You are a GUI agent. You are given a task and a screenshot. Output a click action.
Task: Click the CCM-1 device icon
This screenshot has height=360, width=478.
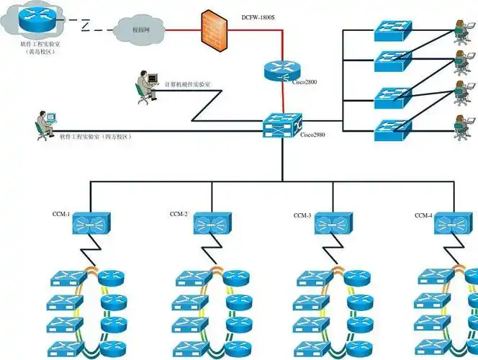pos(91,223)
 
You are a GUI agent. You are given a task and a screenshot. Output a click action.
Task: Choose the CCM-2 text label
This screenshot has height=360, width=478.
pos(179,214)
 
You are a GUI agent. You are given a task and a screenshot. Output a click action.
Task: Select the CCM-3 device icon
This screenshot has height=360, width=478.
pos(333,223)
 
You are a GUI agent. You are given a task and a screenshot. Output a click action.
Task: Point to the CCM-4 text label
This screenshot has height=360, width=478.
pos(424,215)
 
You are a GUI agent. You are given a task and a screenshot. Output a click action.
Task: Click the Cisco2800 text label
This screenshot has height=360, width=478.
pos(305,82)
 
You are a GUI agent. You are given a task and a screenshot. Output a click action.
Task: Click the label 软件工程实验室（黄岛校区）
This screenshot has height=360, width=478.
pos(36,48)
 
